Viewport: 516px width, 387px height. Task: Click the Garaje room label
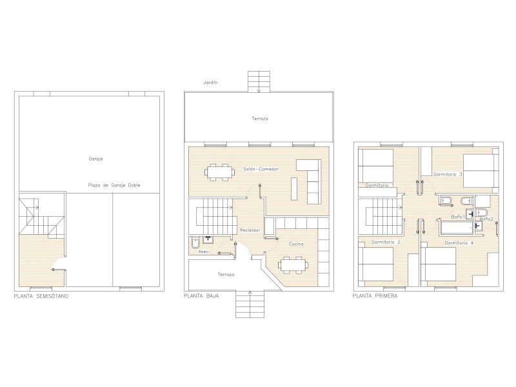95,159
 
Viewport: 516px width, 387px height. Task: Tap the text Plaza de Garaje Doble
114,185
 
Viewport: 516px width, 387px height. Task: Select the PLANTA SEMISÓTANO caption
41,296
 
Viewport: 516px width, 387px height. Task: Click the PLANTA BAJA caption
201,296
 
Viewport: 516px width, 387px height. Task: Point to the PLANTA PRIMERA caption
375,296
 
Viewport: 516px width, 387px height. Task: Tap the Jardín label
211,83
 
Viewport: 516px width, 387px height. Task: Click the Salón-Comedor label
261,169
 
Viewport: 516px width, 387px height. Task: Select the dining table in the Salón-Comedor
220,172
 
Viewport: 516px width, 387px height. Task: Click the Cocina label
296,244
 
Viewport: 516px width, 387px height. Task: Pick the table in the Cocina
293,265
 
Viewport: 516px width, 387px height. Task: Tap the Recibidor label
250,230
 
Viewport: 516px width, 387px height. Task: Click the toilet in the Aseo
195,243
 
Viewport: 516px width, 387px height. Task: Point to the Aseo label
203,252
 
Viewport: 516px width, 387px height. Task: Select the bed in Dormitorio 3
481,170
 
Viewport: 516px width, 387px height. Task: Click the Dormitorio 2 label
386,243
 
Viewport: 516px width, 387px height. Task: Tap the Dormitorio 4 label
459,243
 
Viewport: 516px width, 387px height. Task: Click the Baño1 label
458,217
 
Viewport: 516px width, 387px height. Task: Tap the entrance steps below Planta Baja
250,304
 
